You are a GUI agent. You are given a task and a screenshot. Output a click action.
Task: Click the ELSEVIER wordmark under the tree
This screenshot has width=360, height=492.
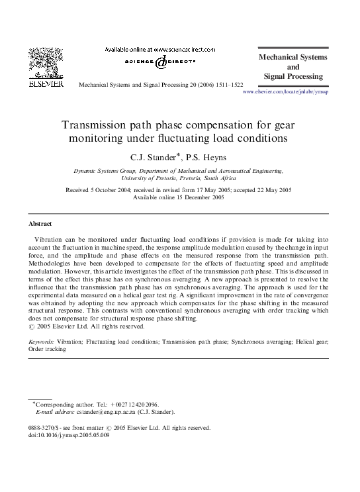(x=46, y=85)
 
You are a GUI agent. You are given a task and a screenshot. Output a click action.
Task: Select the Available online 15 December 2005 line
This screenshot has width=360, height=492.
(x=179, y=197)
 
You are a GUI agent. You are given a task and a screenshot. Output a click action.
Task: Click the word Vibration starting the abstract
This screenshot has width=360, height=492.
(x=52, y=237)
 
